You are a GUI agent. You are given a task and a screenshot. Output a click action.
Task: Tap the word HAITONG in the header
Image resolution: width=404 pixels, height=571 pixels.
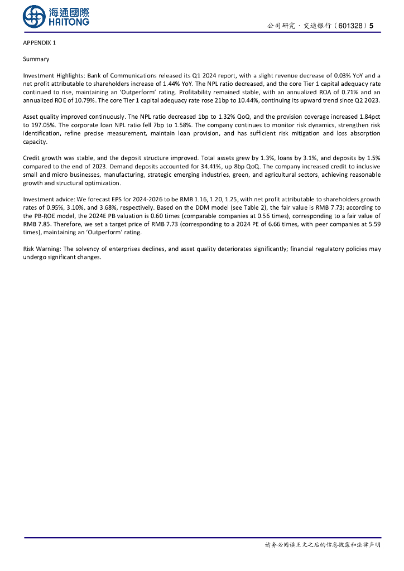pos(69,22)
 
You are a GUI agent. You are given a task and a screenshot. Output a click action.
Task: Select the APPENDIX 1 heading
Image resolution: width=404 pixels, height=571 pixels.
pos(39,43)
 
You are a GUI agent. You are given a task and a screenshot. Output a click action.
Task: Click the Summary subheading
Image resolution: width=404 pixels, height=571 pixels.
pos(36,59)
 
